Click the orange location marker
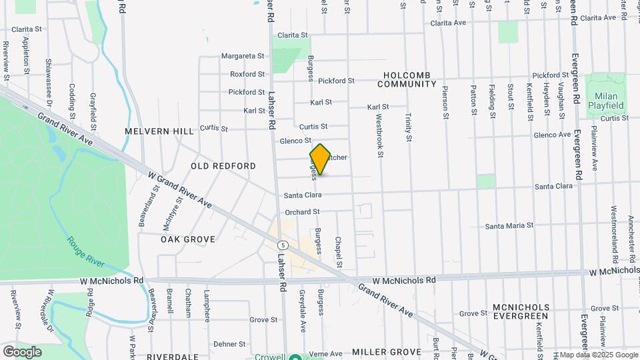[x=320, y=160]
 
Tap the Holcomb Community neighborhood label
[x=407, y=79]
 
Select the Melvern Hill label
[x=159, y=131]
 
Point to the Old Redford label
[x=223, y=165]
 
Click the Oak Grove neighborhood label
[x=188, y=239]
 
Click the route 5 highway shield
[x=283, y=245]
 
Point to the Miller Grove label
[x=387, y=351]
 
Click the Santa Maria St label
[x=509, y=225]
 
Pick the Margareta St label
[x=243, y=56]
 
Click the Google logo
[x=22, y=351]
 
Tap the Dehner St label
[x=230, y=344]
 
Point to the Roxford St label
[x=247, y=74]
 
